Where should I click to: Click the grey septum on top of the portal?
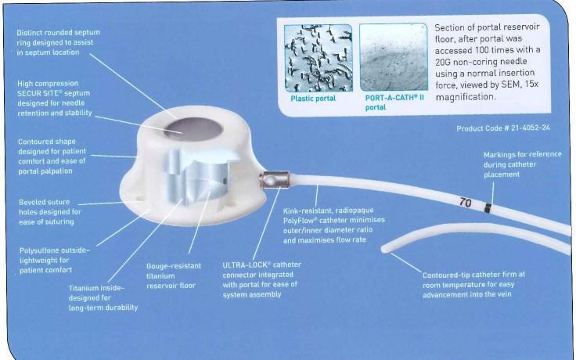click(193, 129)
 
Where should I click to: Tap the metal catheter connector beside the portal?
click(275, 180)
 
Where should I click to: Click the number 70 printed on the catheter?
click(465, 203)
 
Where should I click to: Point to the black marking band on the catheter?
click(488, 208)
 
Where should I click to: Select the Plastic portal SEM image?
click(319, 58)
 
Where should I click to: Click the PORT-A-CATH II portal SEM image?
click(394, 57)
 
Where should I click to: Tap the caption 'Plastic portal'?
click(313, 99)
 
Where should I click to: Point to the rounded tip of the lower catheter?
click(384, 250)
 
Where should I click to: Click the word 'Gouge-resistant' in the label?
click(174, 266)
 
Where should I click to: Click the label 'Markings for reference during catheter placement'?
click(522, 164)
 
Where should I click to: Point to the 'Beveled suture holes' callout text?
click(50, 212)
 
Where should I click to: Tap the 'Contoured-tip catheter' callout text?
click(473, 285)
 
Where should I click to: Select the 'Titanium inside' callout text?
click(103, 298)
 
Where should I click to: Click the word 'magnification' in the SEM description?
click(466, 97)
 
